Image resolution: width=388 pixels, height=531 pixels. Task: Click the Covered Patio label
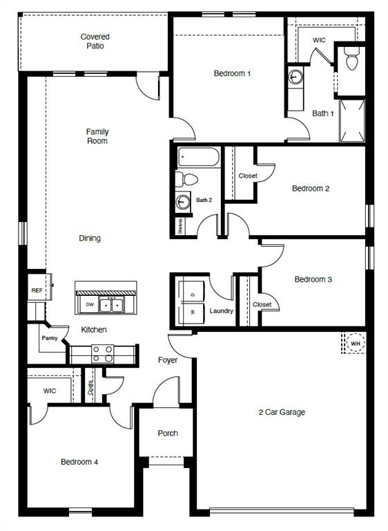[95, 41]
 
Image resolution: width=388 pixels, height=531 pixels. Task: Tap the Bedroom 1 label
[232, 73]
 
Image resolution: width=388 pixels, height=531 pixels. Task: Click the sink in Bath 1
[295, 75]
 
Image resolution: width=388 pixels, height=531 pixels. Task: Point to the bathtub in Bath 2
[198, 157]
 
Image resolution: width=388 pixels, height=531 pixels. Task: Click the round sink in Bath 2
[183, 202]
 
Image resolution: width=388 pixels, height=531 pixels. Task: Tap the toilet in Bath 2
[186, 180]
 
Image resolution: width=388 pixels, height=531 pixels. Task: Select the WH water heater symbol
[355, 343]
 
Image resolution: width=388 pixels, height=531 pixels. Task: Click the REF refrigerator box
[37, 290]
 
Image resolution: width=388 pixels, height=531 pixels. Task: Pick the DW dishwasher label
[90, 304]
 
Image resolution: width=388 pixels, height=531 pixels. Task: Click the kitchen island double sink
[110, 304]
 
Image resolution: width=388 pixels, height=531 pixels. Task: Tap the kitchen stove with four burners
[102, 354]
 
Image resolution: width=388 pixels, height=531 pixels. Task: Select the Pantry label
[49, 338]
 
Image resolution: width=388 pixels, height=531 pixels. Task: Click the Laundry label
[222, 311]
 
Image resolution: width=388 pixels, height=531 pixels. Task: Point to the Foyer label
[168, 360]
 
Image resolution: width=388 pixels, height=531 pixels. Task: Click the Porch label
[168, 434]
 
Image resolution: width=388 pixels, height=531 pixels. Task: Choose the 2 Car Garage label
[282, 413]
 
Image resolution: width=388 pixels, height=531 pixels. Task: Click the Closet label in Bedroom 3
[262, 304]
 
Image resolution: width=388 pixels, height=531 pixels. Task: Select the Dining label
[90, 239]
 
